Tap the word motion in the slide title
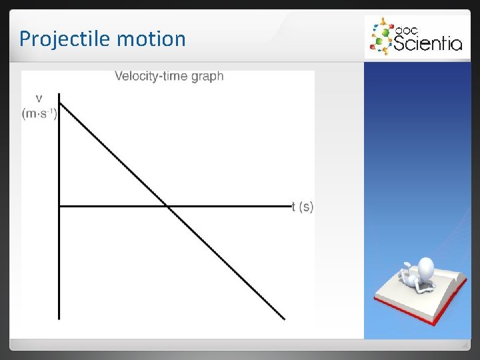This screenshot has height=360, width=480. click(151, 39)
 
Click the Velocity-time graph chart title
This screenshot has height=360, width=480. click(169, 76)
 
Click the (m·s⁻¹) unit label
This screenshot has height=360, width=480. click(40, 113)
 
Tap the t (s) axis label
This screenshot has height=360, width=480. click(303, 207)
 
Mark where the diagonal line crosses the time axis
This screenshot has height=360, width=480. click(167, 206)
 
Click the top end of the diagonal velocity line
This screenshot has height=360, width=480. click(61, 104)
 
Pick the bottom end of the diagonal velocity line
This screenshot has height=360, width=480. click(284, 319)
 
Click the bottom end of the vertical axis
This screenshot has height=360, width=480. click(59, 318)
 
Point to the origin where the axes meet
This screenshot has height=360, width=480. click(59, 206)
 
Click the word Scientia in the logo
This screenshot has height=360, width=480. click(427, 43)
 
